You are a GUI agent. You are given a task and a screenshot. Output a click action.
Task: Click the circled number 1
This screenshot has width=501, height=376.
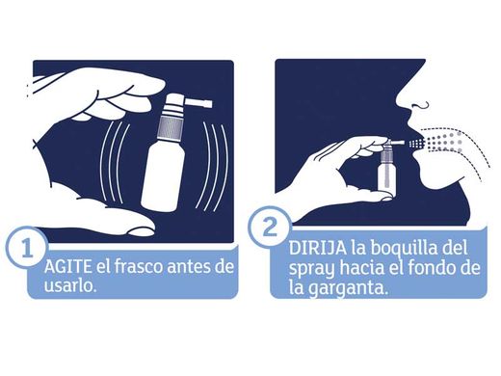tap(27, 249)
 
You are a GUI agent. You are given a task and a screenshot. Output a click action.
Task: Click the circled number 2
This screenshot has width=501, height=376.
tap(270, 228)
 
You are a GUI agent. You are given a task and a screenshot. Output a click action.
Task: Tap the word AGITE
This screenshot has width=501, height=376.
tap(67, 267)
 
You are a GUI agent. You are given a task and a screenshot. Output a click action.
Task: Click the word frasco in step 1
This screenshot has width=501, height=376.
tap(137, 266)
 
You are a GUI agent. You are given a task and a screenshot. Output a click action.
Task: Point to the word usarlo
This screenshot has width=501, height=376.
tap(70, 285)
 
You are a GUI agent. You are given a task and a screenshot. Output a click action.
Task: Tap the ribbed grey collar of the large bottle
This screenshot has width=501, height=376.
tap(171, 127)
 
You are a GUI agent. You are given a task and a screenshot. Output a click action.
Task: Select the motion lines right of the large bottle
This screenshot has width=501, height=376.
tap(215, 166)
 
